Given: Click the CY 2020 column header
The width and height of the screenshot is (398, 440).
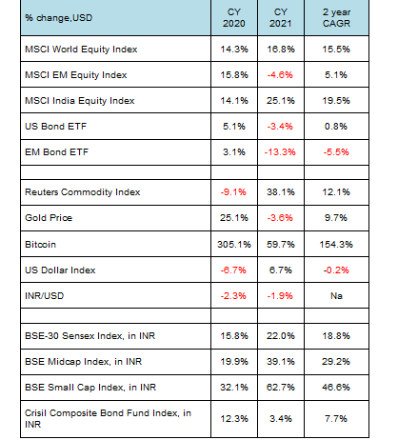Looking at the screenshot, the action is point(234,18).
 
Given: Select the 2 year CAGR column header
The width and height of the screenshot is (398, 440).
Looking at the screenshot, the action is point(336,18).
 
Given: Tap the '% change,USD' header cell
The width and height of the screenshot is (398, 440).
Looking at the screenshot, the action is point(59,18).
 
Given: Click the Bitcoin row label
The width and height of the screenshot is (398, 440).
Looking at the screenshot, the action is point(40,245).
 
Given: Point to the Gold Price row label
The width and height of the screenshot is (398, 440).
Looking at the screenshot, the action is point(49,218).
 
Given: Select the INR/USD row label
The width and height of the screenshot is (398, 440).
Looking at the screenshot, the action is point(45,296).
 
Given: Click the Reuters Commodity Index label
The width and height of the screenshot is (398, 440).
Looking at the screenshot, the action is point(83,192).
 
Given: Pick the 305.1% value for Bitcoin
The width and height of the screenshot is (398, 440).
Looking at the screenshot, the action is point(234,245).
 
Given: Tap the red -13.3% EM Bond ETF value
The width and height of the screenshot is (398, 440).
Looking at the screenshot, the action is point(280,152).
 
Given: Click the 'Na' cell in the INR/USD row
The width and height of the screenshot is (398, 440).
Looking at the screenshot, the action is point(336,296).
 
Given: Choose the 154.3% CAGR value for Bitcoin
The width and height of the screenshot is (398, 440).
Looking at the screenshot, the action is point(336,245).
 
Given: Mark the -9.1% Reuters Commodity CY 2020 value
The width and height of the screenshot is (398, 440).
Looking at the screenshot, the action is point(233,192).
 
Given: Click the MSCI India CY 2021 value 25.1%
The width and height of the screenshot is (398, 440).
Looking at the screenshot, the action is point(281,101).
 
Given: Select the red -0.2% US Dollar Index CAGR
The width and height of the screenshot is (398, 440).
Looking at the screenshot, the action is point(336,270).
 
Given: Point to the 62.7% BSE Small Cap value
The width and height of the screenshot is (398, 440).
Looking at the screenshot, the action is point(281,388).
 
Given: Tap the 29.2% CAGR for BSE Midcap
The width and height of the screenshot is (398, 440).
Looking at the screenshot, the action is point(336,362).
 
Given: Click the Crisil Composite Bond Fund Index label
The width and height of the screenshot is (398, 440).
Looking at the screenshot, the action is point(108,419).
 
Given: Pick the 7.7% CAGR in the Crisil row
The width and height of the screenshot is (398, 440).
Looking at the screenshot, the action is point(336,419).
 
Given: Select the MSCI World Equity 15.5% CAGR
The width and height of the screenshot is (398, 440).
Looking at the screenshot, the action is point(336,50).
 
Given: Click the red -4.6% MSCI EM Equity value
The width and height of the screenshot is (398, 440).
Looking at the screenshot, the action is point(280,75).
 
